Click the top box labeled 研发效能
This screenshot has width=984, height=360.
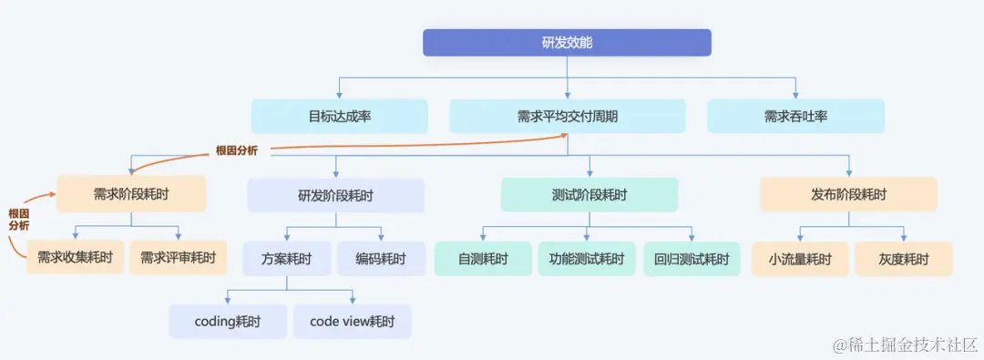567,43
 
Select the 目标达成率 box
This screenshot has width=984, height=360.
339,117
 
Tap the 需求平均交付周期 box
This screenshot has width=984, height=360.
567,117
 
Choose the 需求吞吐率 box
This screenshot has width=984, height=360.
795,117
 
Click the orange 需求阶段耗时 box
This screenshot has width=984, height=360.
131,194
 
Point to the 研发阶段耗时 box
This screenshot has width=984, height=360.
335,195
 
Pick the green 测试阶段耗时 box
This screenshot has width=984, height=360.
589,195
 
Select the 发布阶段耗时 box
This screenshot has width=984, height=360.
848,194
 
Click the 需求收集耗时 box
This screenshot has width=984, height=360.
75,258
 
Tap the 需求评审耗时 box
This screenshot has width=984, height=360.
178,258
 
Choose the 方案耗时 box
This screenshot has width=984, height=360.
286,259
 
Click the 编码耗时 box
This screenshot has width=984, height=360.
382,259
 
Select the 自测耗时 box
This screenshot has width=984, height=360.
483,259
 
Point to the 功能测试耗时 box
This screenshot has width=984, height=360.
587,259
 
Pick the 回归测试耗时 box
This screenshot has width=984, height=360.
692,259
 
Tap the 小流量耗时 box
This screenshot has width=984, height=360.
800,259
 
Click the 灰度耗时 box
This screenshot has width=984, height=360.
904,259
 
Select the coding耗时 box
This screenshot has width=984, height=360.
228,322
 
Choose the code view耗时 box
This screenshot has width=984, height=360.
352,322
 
